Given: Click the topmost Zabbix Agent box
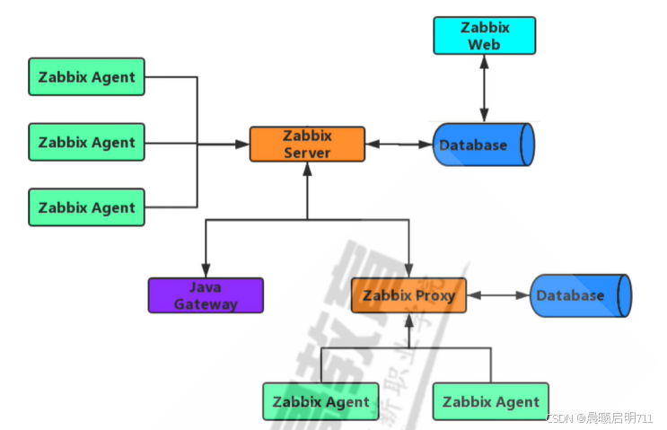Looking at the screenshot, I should [86, 77].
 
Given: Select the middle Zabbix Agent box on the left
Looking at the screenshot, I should [86, 142].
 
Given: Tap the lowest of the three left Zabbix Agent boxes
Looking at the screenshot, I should [86, 207].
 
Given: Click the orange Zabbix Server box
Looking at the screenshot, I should [307, 144].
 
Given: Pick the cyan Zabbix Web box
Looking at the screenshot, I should [485, 35].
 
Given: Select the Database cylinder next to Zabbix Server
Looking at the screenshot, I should [484, 145].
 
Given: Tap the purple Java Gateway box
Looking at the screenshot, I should [206, 295].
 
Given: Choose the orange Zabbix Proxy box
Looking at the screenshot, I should [408, 295].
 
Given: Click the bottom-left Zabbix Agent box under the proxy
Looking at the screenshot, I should [320, 401].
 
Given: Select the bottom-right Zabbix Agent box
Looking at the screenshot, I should [490, 401].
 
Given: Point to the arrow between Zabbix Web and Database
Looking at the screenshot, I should [485, 88].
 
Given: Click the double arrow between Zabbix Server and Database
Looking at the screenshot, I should [399, 144].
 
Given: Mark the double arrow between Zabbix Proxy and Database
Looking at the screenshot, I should [498, 295].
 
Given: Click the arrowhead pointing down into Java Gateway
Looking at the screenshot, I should [206, 270].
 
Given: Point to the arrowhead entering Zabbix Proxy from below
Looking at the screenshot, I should [408, 320].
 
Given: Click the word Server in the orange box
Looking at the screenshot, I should [307, 153].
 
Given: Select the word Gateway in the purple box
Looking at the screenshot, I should [206, 303].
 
